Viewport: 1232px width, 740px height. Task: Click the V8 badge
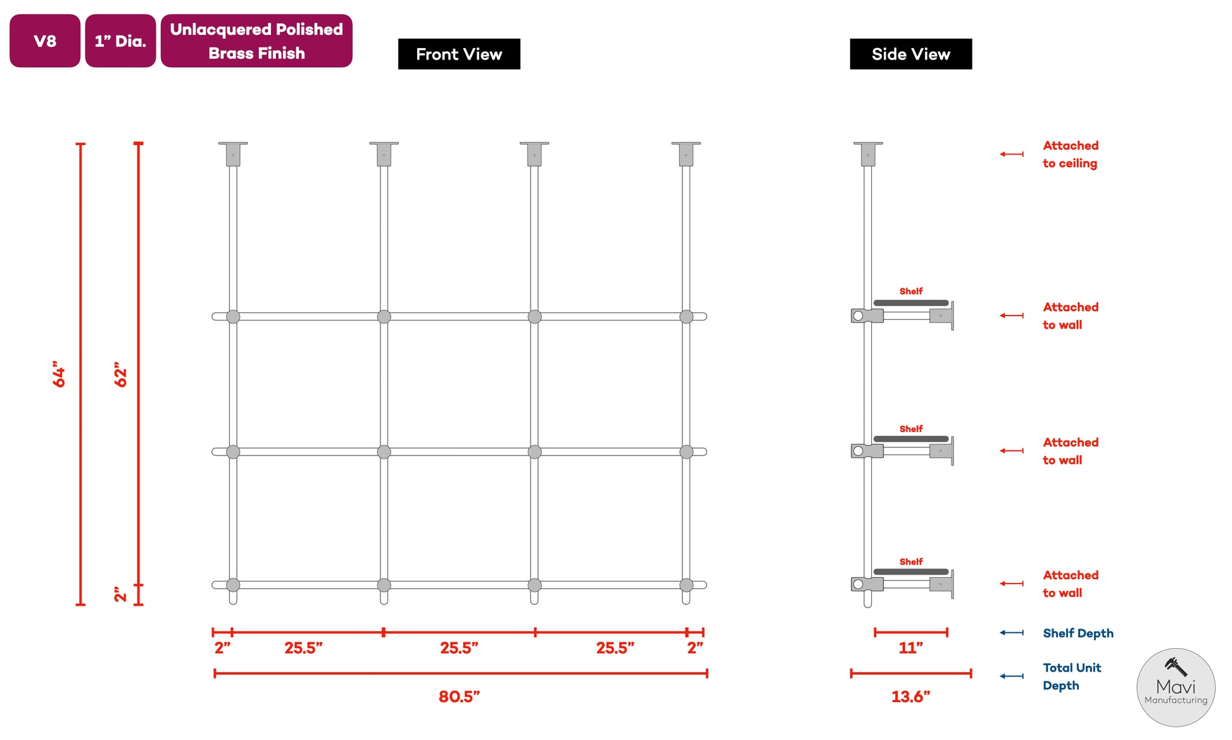tap(45, 41)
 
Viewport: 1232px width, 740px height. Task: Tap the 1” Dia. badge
tap(120, 41)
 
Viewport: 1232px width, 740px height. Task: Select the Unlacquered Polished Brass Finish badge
tap(256, 41)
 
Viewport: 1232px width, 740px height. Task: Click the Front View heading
tap(459, 54)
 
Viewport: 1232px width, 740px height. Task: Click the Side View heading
tap(910, 54)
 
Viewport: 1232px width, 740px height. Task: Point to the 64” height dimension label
tap(59, 374)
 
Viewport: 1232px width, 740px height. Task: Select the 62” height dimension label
tap(120, 374)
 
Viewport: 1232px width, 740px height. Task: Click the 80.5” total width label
tap(459, 696)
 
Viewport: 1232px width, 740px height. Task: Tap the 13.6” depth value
tap(910, 696)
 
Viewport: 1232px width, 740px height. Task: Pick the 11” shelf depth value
tap(910, 647)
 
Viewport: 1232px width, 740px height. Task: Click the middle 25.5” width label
tap(459, 647)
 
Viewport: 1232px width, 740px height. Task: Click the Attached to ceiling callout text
tap(1071, 154)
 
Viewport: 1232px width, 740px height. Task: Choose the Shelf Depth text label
tap(1078, 633)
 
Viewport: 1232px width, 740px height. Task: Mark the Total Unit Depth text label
tap(1072, 676)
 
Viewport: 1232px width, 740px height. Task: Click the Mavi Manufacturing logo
tap(1176, 687)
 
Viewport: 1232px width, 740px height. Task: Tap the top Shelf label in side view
tap(911, 291)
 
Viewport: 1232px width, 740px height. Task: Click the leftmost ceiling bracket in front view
tap(233, 154)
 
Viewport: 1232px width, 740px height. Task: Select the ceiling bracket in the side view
tap(867, 154)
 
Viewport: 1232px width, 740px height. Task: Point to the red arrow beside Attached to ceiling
tap(1012, 154)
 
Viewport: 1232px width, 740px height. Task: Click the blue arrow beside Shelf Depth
tap(1012, 632)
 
